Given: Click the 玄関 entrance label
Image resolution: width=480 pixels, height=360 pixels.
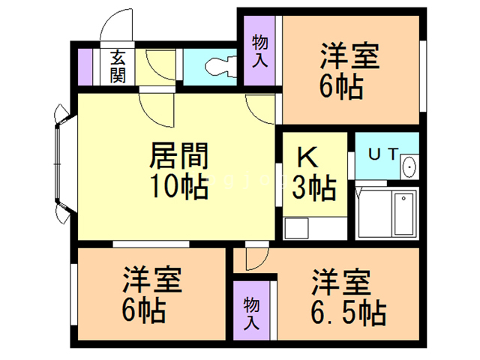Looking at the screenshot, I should [118, 66].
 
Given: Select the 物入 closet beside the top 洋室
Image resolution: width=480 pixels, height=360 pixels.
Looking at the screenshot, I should [259, 51].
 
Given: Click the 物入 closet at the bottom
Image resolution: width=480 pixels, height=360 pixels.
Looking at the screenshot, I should [252, 312].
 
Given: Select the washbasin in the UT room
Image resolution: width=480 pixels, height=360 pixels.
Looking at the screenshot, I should [409, 166].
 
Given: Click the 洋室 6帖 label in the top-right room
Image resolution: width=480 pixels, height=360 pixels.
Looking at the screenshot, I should [349, 72].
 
